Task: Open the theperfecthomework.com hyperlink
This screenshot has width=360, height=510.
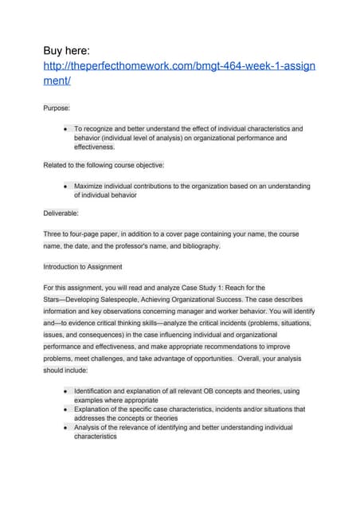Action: point(179,73)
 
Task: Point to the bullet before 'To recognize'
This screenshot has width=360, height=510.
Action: point(63,127)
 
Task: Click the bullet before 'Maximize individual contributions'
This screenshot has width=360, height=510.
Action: point(63,186)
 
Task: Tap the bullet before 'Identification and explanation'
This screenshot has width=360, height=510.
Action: point(63,391)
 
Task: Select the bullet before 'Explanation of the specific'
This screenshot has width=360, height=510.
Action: point(63,409)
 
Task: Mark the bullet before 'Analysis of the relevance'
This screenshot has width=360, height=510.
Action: point(63,426)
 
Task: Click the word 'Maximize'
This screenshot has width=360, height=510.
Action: point(90,186)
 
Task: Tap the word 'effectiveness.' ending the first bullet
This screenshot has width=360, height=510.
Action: point(95,147)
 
